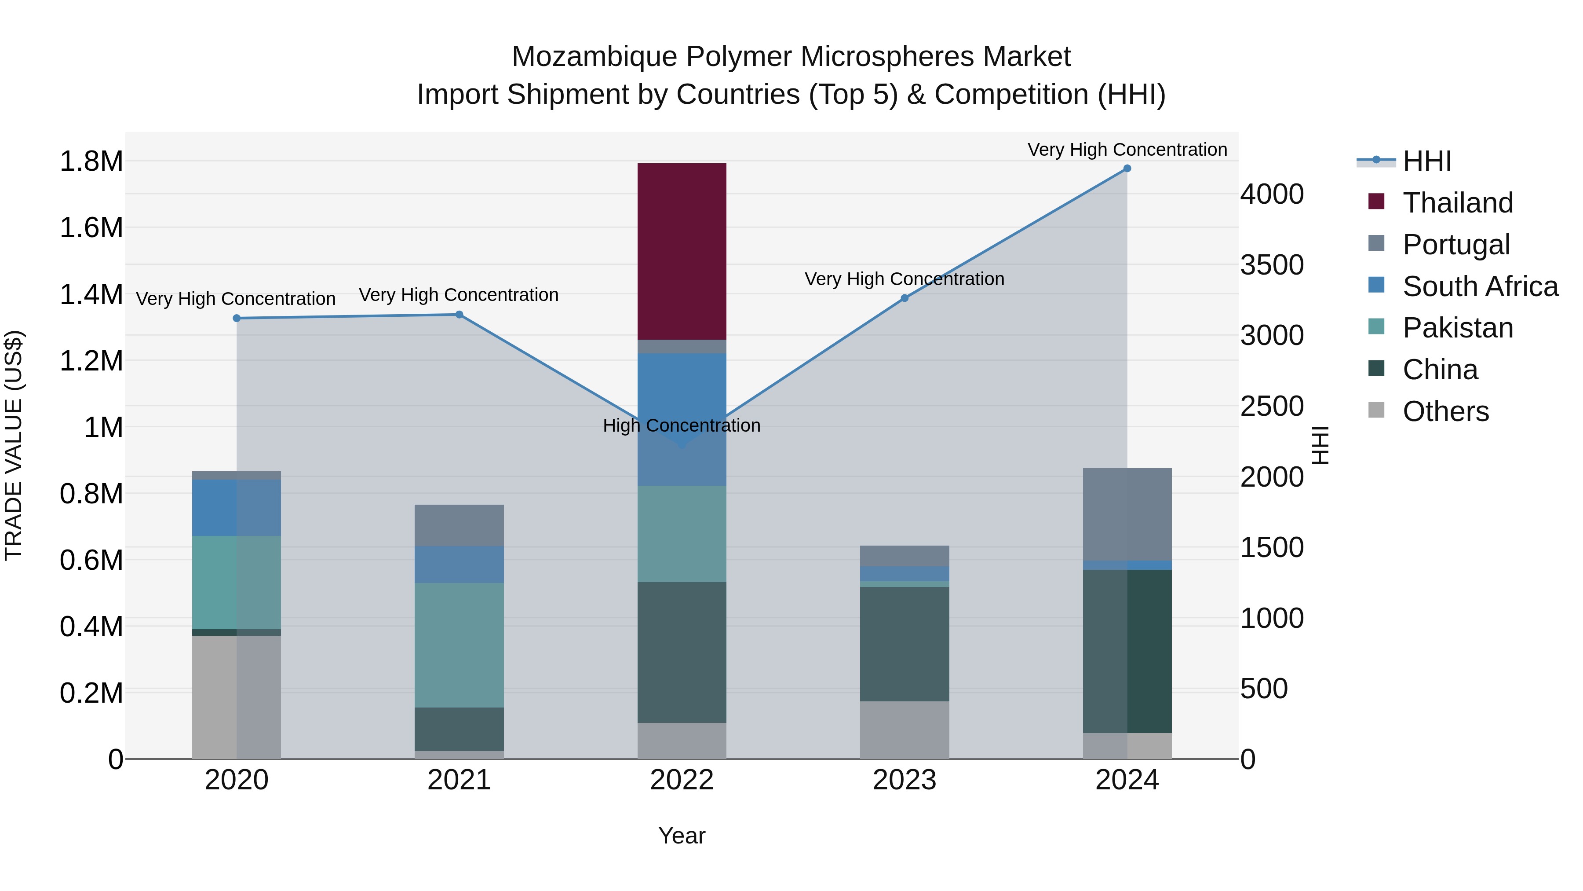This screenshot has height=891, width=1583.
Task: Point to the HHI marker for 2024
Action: point(1127,169)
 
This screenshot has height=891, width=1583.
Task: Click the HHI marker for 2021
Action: point(459,315)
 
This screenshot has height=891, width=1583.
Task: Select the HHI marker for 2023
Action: point(905,298)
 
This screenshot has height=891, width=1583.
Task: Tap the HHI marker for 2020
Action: point(237,319)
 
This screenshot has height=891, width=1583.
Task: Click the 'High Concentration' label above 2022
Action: point(682,425)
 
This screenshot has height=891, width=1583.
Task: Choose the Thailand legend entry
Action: point(1458,203)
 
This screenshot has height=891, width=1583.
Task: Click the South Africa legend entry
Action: point(1480,286)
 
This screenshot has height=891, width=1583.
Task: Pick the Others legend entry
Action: point(1445,411)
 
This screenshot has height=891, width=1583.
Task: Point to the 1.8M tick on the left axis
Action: point(91,162)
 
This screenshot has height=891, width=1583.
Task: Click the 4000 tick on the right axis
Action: point(1271,194)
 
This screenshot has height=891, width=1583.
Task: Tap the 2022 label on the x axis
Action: point(682,780)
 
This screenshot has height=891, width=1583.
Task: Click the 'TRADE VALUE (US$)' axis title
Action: point(14,445)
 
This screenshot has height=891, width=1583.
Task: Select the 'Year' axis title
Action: point(682,836)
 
